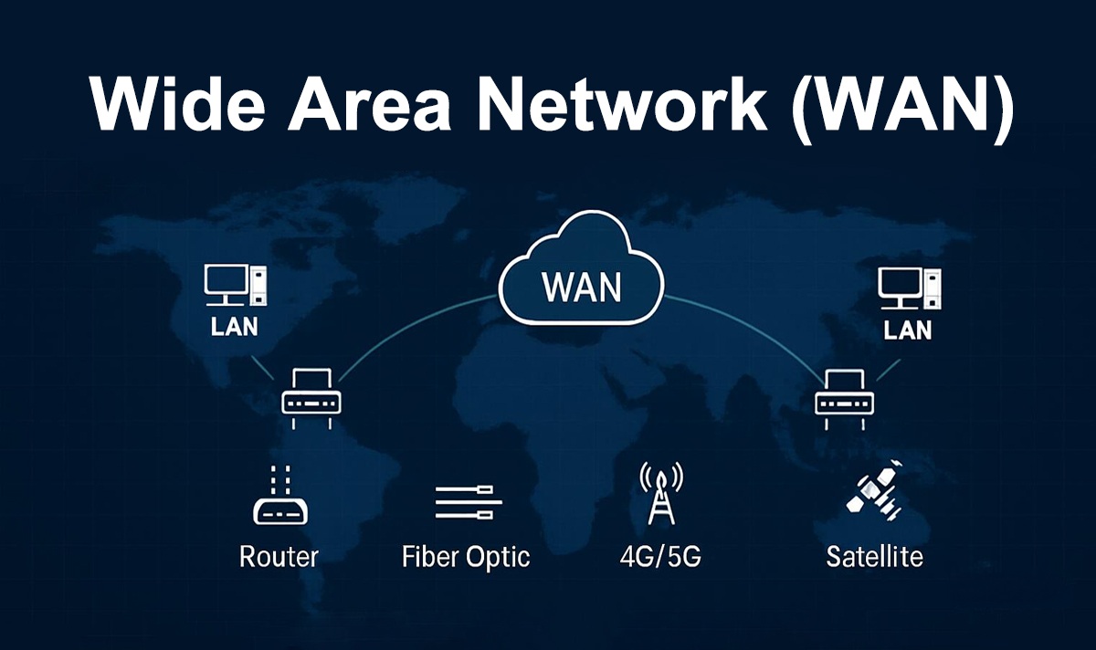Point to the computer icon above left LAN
(x=235, y=287)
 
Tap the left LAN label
(x=235, y=326)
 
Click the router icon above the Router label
(x=279, y=498)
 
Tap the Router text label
(x=279, y=556)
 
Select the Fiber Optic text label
(x=465, y=556)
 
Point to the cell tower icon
(x=659, y=493)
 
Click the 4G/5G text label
(x=659, y=556)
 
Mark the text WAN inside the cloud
(x=581, y=287)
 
